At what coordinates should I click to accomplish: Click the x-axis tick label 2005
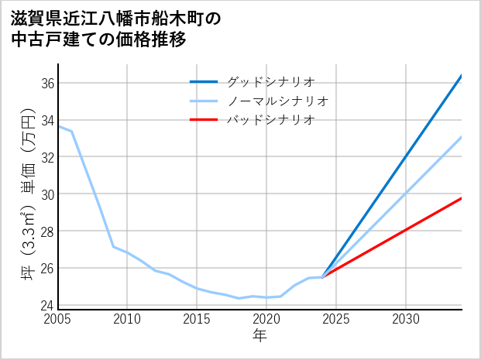point(58,319)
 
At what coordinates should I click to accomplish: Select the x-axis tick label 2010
point(127,319)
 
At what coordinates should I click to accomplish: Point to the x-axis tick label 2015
point(197,319)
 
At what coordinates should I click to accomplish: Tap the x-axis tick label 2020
point(266,319)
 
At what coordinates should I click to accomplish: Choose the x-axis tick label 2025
point(336,319)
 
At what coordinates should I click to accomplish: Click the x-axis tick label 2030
point(406,319)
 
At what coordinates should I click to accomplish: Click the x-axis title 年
point(260,335)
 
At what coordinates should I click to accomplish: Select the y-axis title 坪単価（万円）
point(25,194)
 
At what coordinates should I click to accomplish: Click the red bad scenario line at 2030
point(406,230)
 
